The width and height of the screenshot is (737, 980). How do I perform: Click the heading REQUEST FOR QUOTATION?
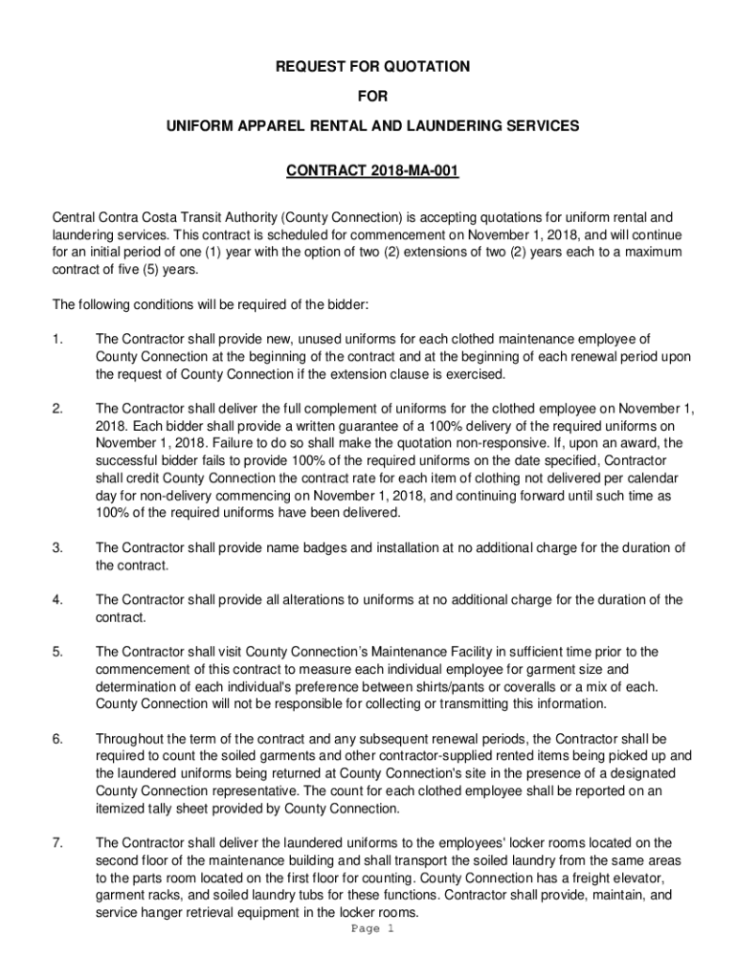point(373,67)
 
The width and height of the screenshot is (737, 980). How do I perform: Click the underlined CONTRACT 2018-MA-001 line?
point(373,172)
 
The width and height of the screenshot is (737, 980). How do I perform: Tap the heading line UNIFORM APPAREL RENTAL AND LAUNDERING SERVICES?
point(373,125)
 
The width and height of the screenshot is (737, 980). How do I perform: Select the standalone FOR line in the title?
point(373,96)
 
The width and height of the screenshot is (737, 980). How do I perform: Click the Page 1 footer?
point(372,929)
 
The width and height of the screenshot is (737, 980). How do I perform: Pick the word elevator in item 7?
point(636,878)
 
